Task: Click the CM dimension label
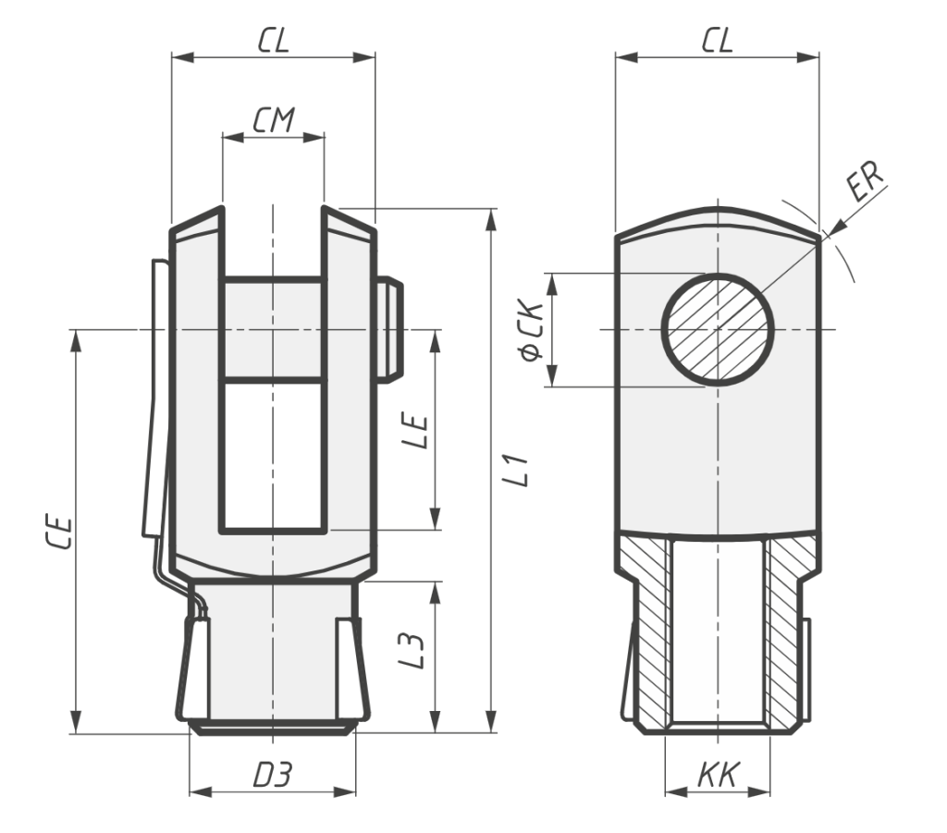[274, 119]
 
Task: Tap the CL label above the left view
[274, 41]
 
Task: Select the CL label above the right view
[717, 41]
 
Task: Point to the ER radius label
[865, 180]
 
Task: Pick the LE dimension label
[415, 431]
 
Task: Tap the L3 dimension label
[412, 650]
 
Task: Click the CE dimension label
[59, 532]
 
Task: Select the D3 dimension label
[273, 775]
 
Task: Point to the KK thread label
[718, 775]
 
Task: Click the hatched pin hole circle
[718, 329]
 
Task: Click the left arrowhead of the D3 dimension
[201, 791]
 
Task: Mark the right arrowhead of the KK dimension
[759, 791]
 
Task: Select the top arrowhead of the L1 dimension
[492, 220]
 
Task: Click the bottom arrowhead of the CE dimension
[76, 723]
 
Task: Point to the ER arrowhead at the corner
[831, 228]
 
